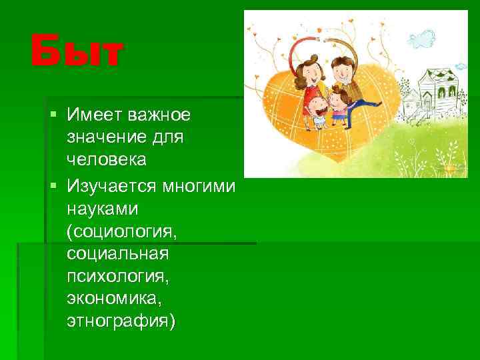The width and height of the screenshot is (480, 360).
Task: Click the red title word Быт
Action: (x=77, y=53)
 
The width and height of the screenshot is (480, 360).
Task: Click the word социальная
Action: (x=118, y=253)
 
